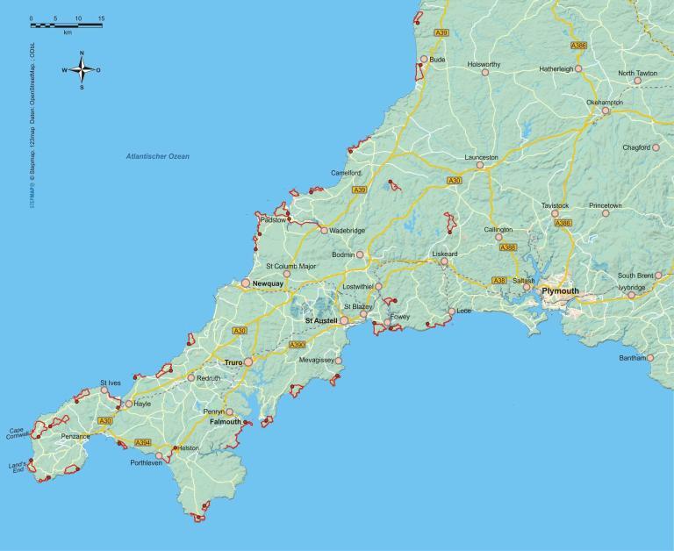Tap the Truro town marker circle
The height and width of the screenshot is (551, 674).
248,361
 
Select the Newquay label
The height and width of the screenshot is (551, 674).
267,284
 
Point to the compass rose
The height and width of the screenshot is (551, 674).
81,69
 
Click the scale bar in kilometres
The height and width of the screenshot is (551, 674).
66,24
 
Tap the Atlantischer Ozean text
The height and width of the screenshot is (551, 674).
158,156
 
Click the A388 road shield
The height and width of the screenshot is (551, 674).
508,247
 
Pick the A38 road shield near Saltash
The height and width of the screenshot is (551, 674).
499,281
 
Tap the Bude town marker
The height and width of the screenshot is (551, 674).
424,60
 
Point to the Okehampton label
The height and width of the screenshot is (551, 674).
605,102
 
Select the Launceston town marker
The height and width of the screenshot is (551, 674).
480,165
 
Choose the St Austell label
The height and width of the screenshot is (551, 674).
321,321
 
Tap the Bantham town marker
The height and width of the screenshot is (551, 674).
650,358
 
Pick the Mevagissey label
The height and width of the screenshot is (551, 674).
317,360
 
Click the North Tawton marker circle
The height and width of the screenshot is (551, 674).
637,81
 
